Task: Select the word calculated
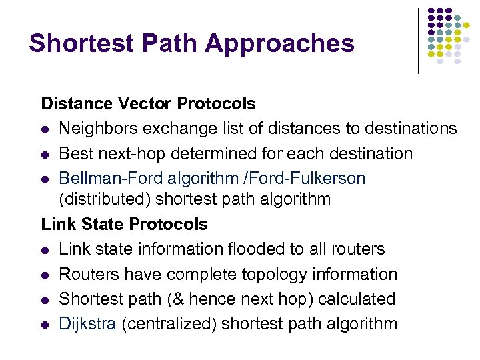(x=357, y=299)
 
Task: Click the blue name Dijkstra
(x=87, y=324)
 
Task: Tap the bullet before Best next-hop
(x=45, y=154)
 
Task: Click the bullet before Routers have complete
(x=45, y=275)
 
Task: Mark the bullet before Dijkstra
(x=45, y=325)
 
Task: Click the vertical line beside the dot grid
(x=419, y=40)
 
